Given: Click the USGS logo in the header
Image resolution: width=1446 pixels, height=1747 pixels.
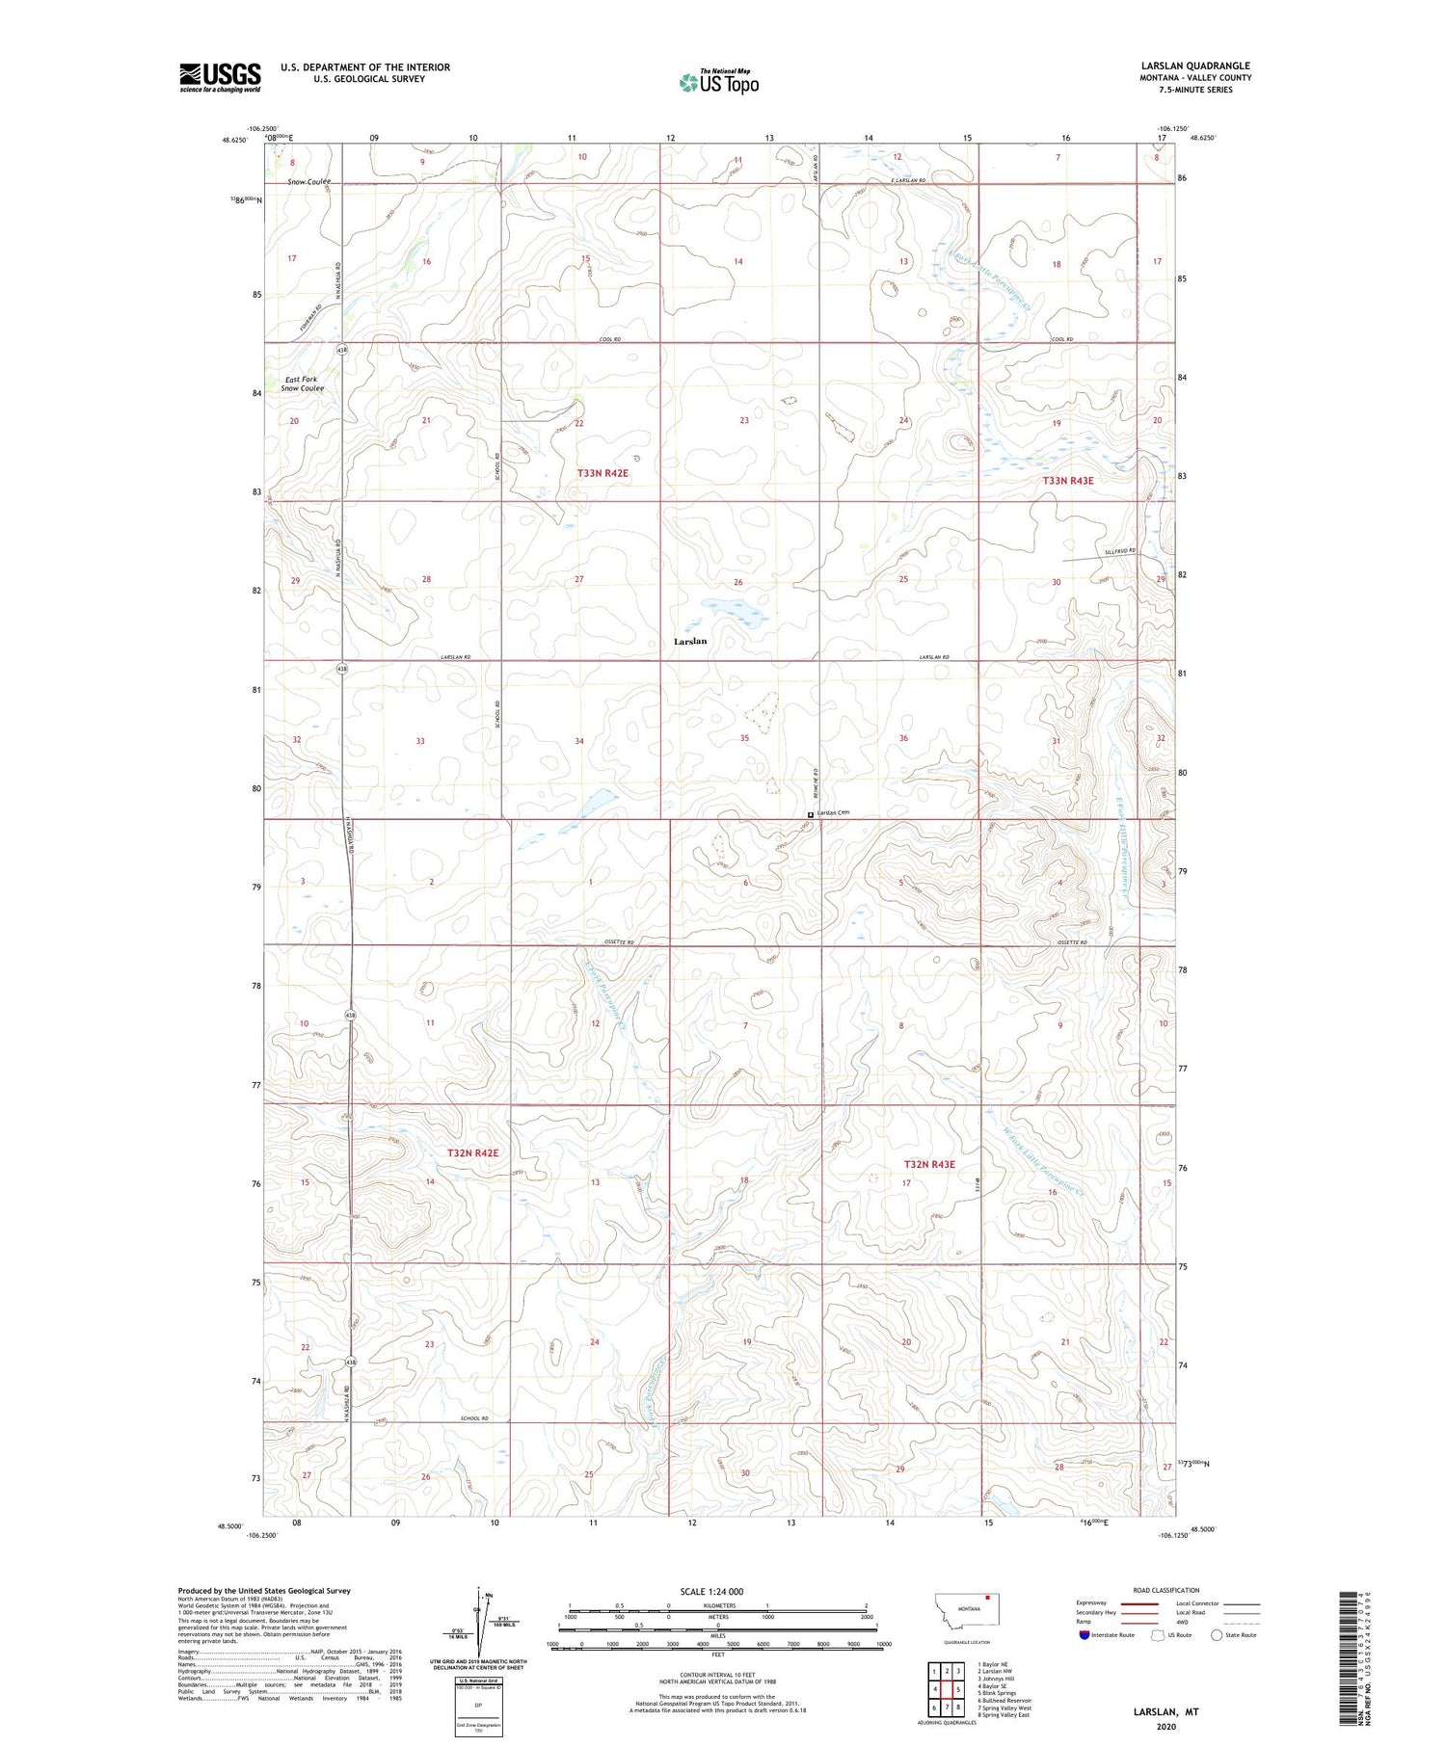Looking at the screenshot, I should click(x=220, y=77).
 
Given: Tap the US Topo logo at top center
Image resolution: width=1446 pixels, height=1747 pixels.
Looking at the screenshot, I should click(x=719, y=83).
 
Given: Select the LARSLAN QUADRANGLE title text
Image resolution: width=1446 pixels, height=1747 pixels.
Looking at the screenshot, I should click(x=1194, y=66).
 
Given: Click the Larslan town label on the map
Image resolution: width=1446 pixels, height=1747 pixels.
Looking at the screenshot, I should click(x=690, y=641).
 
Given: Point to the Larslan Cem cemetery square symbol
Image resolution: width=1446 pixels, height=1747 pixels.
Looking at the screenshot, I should click(x=810, y=814).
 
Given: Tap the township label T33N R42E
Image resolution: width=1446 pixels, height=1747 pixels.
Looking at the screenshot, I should click(x=602, y=473).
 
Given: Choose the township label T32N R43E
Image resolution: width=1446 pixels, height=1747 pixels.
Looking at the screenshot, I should click(x=928, y=1164).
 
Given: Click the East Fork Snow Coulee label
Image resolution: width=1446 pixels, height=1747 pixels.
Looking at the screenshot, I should click(x=302, y=384).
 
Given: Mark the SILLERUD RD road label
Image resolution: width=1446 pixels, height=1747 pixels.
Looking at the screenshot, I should click(x=1120, y=551).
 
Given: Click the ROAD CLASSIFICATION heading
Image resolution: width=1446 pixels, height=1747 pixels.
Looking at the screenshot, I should click(x=1166, y=1590).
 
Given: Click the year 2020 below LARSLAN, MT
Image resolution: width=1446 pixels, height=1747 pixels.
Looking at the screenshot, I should click(x=1165, y=1727).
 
